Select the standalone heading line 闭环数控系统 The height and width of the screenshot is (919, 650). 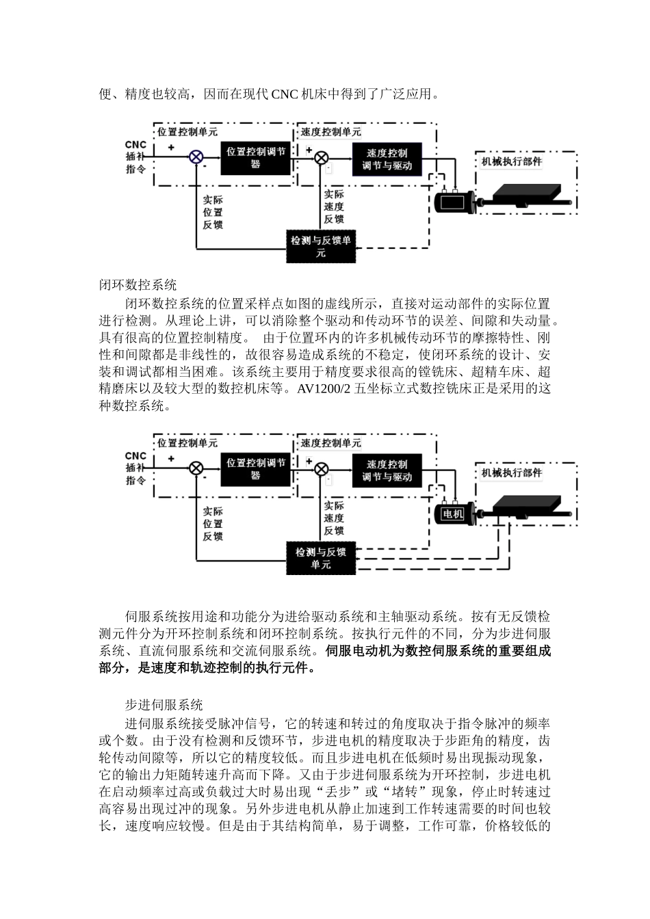138,285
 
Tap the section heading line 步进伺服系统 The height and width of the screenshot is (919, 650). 164,704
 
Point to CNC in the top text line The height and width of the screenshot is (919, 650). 285,94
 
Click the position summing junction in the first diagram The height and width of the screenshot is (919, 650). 196,157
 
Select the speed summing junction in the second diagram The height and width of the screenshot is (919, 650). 321,468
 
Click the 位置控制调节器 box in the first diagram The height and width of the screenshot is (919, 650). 255,158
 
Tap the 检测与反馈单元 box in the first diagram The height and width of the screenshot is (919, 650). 320,247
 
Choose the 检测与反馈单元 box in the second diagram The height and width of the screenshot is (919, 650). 320,558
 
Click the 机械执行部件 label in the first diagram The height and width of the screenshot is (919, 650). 511,161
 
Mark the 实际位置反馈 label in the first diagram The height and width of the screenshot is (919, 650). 212,212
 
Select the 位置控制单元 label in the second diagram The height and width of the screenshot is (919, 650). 187,442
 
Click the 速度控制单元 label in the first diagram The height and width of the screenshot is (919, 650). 330,131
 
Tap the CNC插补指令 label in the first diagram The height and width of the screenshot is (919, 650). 135,157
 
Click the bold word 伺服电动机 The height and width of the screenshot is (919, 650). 359,651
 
